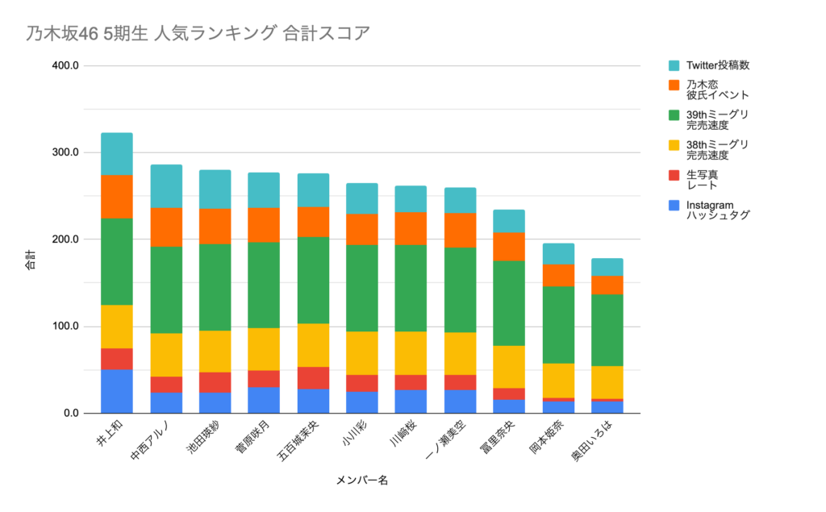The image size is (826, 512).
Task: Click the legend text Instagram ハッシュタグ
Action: (x=718, y=210)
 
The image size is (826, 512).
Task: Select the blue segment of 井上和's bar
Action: (x=116, y=391)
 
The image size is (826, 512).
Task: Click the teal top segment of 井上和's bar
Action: (x=116, y=154)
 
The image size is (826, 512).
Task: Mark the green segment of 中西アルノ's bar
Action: (x=166, y=289)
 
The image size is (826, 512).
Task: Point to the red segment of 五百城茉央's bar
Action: (x=313, y=378)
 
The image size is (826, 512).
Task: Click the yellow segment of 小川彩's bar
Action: (x=361, y=353)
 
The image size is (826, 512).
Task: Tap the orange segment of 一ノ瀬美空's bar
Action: (x=460, y=230)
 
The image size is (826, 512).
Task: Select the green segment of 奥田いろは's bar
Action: (x=607, y=331)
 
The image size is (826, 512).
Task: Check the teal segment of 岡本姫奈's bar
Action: (x=558, y=254)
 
